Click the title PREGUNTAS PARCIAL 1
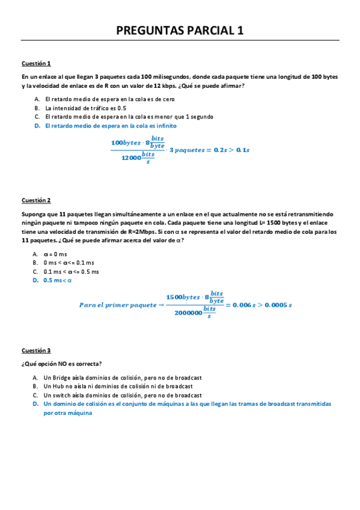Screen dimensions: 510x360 tap(180, 31)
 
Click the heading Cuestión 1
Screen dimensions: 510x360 tap(36, 63)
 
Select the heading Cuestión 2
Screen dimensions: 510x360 tap(36, 200)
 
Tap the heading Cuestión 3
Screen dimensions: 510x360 tap(36, 350)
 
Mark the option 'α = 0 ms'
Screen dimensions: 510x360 tap(56, 254)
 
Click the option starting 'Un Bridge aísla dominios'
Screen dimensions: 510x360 tap(122, 377)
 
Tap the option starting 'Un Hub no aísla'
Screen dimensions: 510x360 tap(118, 386)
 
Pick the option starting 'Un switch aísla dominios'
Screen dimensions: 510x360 tap(122, 395)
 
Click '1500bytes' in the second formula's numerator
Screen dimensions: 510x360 tap(183, 297)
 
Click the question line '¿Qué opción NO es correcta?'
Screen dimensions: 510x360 tap(61, 363)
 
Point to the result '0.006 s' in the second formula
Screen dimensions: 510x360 tap(248, 305)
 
